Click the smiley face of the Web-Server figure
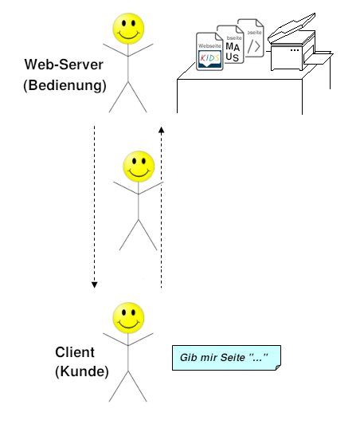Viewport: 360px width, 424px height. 128,29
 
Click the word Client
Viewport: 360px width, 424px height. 75,351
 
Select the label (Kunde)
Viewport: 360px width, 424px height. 81,371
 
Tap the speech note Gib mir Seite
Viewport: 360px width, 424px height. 225,358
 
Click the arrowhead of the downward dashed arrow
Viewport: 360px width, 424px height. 94,283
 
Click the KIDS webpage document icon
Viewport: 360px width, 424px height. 210,53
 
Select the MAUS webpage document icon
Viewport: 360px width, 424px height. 233,46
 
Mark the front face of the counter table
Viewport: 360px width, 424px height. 239,96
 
